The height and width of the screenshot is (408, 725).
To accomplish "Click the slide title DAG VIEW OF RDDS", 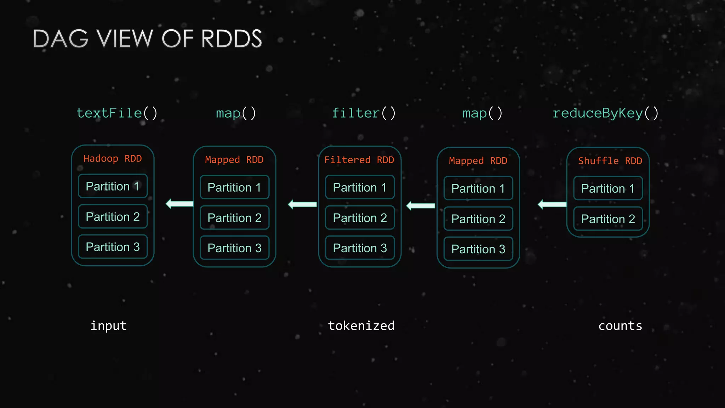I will coord(147,39).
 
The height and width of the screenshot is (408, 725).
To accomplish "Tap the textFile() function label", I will coord(117,113).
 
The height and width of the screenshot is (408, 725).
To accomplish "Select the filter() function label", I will coord(364,113).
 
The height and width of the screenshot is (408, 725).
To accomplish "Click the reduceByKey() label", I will coord(605,113).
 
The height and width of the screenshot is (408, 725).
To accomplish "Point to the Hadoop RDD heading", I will coord(113,159).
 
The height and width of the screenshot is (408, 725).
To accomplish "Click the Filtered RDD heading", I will coord(359,160).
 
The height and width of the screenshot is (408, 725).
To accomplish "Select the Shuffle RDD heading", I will coord(610,161).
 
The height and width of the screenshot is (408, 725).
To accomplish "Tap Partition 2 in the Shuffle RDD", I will coord(608,219).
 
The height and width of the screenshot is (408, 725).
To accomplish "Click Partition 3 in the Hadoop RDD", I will coord(113,247).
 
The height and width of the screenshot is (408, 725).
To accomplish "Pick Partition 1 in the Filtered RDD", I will coord(360,187).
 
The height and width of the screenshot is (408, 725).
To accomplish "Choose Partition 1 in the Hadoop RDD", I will coord(113,186).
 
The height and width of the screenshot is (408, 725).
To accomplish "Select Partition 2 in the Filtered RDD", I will coord(360,218).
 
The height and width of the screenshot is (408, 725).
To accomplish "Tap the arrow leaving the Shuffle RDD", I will coord(552,204).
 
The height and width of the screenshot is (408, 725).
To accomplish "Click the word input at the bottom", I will coord(109,326).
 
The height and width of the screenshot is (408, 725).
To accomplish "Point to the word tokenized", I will coord(361,326).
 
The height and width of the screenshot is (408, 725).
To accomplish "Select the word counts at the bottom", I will coord(620,326).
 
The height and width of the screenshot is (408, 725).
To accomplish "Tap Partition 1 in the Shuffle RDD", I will coord(608,188).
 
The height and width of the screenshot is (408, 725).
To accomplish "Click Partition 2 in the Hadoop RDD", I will coord(113,217).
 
